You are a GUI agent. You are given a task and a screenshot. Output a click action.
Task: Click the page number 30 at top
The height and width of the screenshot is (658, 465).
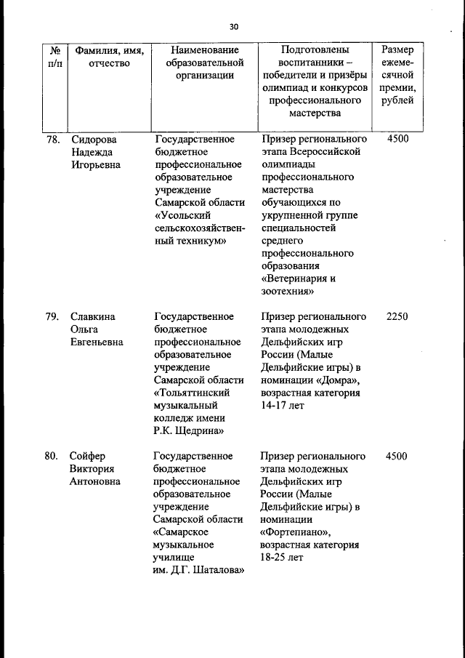tap(233, 26)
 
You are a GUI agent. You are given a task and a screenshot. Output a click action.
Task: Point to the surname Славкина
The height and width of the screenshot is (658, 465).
tap(93, 316)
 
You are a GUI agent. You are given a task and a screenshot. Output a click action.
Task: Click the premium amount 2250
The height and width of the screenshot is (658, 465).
tap(397, 316)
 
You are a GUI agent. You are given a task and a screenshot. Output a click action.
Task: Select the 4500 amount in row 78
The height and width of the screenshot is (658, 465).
tap(397, 138)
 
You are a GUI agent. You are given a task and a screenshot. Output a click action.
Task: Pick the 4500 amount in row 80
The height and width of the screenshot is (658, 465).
tap(397, 456)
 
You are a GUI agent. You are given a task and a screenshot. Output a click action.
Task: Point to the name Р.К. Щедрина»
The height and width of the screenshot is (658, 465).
tap(187, 431)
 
